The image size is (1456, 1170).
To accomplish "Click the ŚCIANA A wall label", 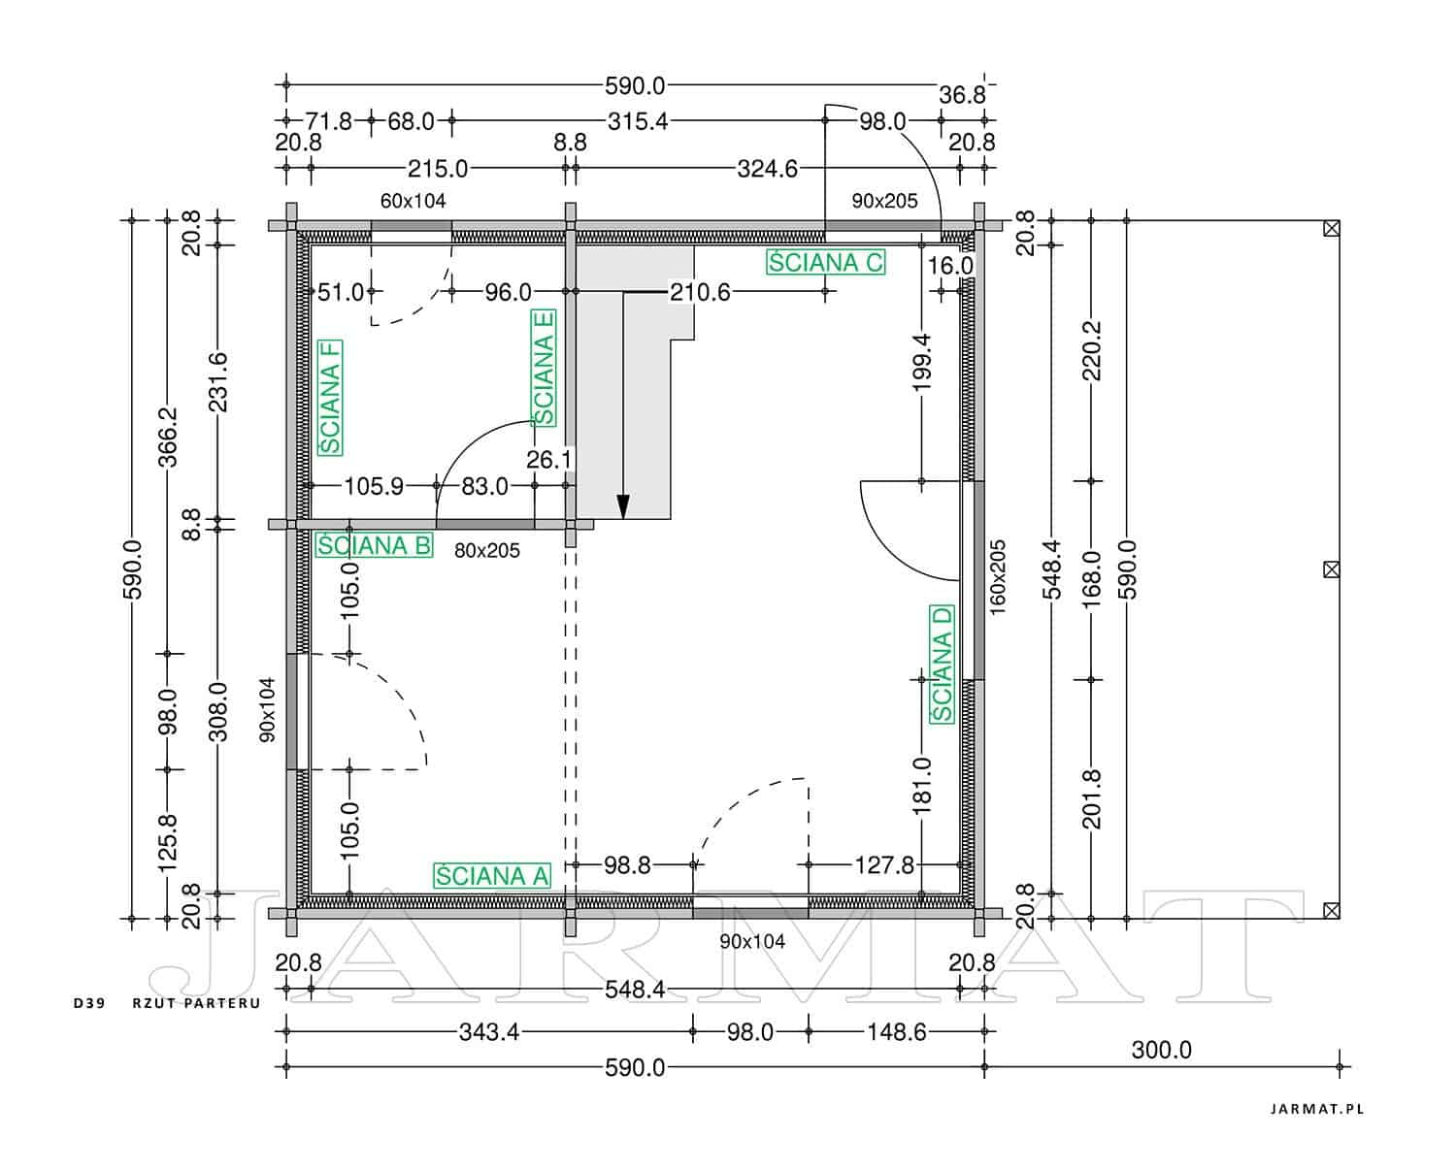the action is tap(492, 876).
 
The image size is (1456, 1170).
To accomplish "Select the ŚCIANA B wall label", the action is tap(374, 545).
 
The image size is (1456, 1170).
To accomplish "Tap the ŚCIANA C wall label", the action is tap(825, 262).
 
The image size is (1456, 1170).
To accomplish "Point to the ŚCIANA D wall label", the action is tap(942, 664).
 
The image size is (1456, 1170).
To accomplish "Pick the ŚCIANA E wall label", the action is tap(544, 368).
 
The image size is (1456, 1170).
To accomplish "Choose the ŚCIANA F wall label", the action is tap(330, 397).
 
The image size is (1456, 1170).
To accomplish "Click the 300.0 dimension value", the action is tap(1161, 1051).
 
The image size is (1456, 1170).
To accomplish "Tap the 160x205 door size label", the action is tap(998, 577).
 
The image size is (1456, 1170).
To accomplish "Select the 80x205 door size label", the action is tap(487, 550).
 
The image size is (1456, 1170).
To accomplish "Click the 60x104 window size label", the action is tap(413, 201).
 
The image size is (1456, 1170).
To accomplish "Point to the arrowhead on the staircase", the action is tap(623, 506).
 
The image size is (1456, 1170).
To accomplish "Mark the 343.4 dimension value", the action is tap(489, 1032).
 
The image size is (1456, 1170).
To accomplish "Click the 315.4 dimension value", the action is tap(638, 121).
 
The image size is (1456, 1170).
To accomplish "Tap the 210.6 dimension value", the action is tap(700, 292).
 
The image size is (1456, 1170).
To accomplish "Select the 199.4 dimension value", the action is tap(921, 362).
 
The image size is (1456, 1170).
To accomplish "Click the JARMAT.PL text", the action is tap(1316, 1109).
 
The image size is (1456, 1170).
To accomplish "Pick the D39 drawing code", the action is tap(89, 1003).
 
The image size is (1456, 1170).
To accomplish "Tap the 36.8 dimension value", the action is tap(962, 95).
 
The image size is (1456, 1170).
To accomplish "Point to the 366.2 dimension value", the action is tap(167, 437).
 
